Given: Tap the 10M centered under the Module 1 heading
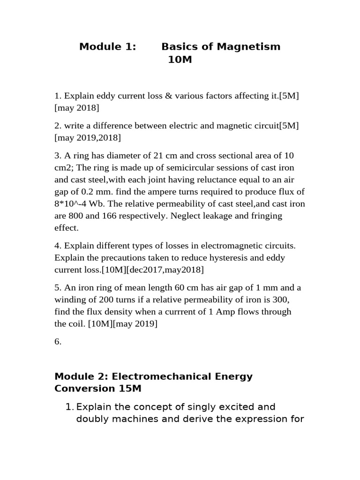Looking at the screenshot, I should coord(180,60).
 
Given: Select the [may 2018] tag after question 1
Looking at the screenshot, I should coord(77,108).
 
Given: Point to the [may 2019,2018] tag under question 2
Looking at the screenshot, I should coord(88,138).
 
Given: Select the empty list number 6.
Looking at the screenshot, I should coord(58,342).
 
